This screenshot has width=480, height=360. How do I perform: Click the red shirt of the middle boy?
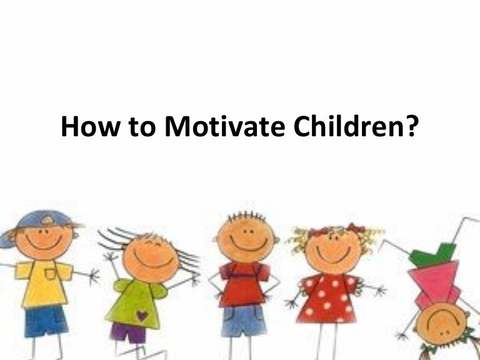pos(243,284)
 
